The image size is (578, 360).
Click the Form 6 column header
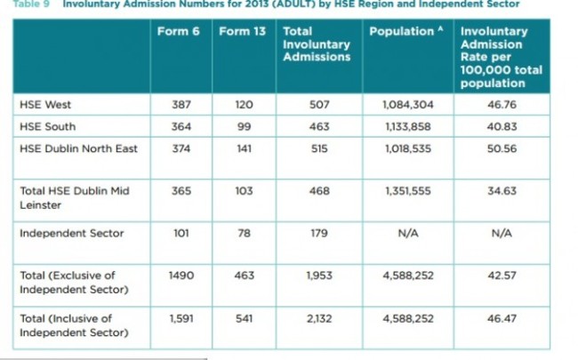(178, 31)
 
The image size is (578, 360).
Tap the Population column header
(405, 31)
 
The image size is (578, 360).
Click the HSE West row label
(42, 105)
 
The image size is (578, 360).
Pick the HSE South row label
(44, 126)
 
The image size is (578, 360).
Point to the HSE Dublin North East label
(78, 148)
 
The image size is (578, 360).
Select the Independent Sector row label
(71, 233)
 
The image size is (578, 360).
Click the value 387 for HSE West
(181, 105)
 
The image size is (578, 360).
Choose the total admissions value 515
(317, 148)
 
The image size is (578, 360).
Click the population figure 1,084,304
(408, 105)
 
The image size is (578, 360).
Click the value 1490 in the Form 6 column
(181, 276)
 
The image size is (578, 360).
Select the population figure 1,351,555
(408, 191)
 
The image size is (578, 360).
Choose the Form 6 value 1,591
(181, 317)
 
